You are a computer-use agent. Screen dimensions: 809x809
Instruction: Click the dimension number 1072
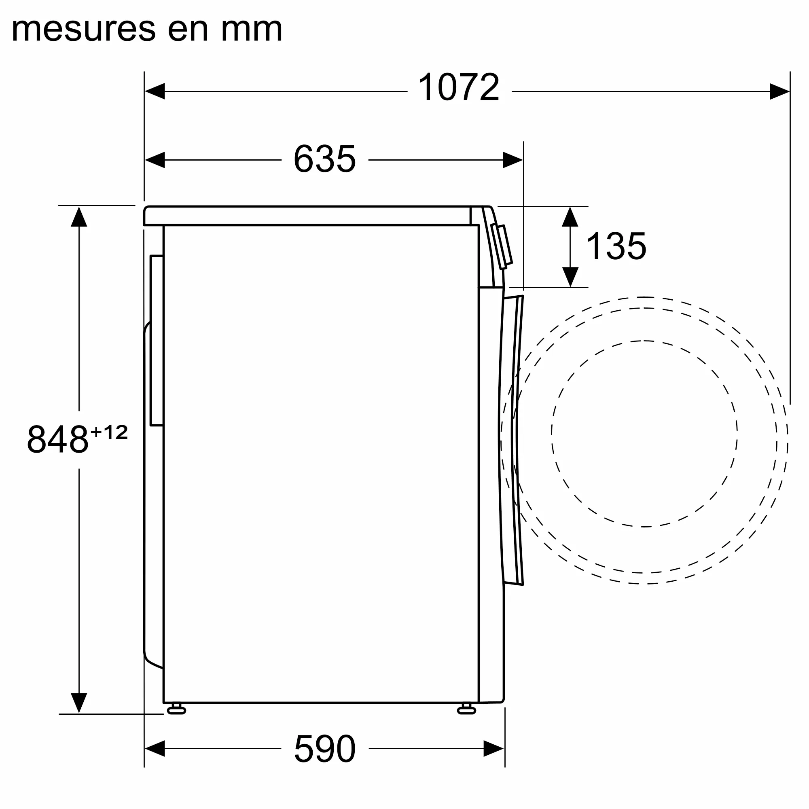click(459, 87)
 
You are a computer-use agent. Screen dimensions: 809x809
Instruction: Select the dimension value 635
click(324, 159)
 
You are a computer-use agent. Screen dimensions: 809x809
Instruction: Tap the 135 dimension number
click(616, 246)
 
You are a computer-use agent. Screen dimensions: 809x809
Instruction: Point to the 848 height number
click(58, 439)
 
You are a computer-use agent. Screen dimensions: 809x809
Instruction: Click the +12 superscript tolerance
click(109, 432)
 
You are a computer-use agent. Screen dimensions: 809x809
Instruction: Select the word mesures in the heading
click(84, 29)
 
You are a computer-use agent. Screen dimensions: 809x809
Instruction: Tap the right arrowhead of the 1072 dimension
click(780, 91)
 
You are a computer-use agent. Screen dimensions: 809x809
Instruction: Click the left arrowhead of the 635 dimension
click(155, 160)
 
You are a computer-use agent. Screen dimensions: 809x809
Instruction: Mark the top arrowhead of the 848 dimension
click(79, 217)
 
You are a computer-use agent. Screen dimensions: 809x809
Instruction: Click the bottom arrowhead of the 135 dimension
click(570, 277)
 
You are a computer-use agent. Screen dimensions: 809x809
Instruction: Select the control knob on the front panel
click(502, 247)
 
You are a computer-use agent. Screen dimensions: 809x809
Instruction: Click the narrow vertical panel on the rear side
click(157, 340)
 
